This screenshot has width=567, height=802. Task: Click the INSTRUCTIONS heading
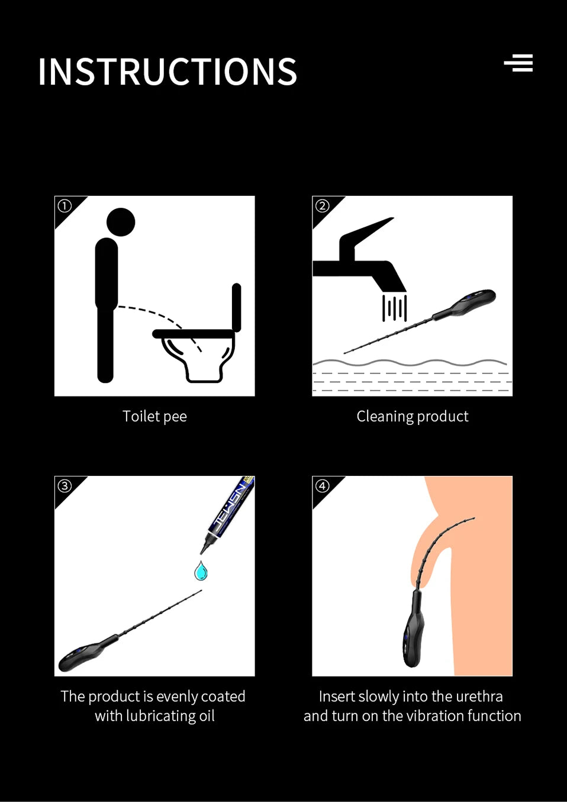(167, 71)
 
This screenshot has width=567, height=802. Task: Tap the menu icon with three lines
(518, 63)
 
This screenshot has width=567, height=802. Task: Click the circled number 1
(65, 206)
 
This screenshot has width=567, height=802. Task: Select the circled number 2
(323, 206)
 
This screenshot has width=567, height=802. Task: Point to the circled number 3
(65, 486)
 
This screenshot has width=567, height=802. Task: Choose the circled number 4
(323, 486)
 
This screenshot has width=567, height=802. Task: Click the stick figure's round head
(121, 222)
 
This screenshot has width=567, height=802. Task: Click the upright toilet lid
(236, 307)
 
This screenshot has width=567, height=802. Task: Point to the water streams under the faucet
(394, 308)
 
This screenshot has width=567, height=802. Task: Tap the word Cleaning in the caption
(385, 417)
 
